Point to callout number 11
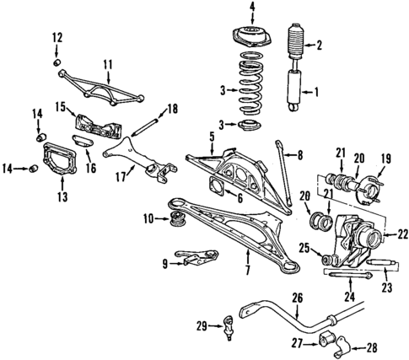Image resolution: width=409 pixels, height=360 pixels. coord(106,64)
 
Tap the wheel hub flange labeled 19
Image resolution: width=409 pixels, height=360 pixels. coord(369,185)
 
